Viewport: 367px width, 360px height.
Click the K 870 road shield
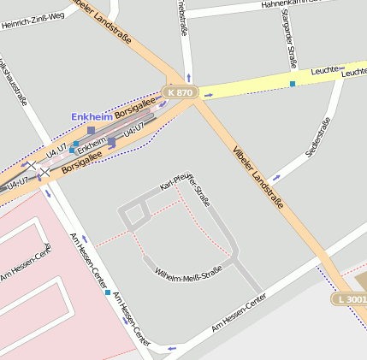click(x=181, y=91)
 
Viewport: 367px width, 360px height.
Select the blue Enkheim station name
click(x=92, y=115)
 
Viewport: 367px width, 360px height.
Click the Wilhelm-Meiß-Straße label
click(x=188, y=273)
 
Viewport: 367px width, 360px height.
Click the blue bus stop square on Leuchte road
click(x=293, y=84)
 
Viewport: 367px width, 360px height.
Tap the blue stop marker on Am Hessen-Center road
click(x=108, y=292)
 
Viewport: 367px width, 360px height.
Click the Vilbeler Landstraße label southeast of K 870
click(x=257, y=179)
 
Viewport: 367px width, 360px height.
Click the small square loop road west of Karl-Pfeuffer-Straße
click(x=133, y=215)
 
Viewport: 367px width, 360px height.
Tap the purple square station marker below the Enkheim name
click(x=92, y=131)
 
